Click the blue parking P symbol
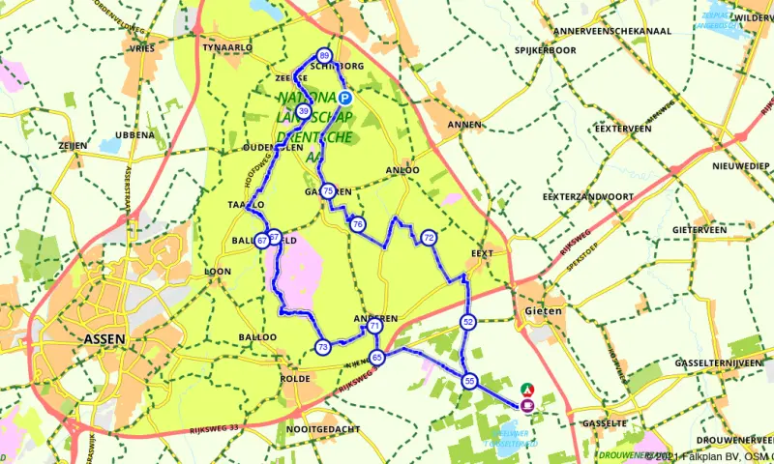344,99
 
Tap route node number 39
304,113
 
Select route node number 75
329,191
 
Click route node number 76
358,224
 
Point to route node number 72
429,238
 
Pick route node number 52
468,322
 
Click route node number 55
470,382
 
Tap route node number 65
377,358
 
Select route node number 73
322,346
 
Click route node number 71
373,328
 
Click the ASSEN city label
105,339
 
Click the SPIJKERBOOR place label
546,49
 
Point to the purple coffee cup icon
527,405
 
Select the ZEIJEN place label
74,145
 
